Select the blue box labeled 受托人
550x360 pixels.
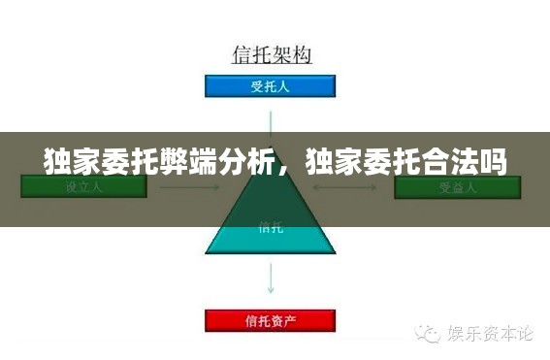(271, 86)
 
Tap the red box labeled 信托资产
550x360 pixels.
(271, 320)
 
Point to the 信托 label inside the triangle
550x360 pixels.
(271, 229)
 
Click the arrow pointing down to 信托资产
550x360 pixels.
(271, 281)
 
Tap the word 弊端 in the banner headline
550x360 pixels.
(195, 161)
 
